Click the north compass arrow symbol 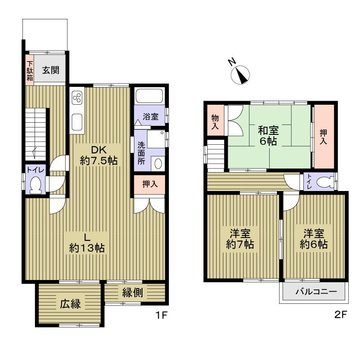pos(242,74)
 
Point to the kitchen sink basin pos(77,121)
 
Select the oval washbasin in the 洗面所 pos(158,164)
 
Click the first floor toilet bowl pos(35,184)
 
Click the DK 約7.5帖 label pos(99,155)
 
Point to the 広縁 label pos(70,304)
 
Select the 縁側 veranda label pos(133,293)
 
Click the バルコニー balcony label pos(316,292)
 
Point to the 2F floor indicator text pos(340,315)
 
